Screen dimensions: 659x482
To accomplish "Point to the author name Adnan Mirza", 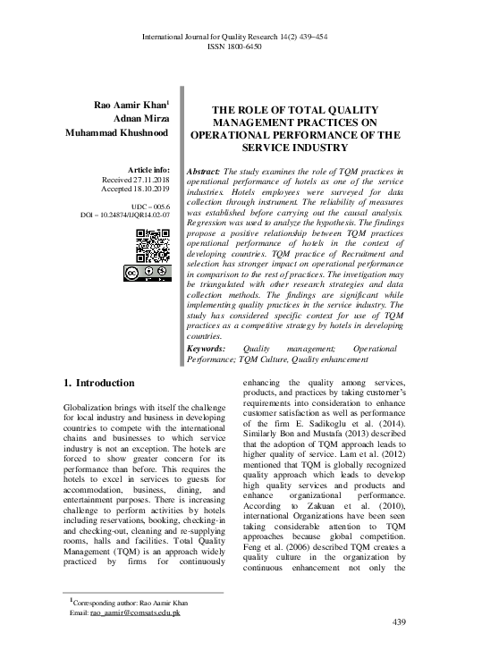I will [x=140, y=118].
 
